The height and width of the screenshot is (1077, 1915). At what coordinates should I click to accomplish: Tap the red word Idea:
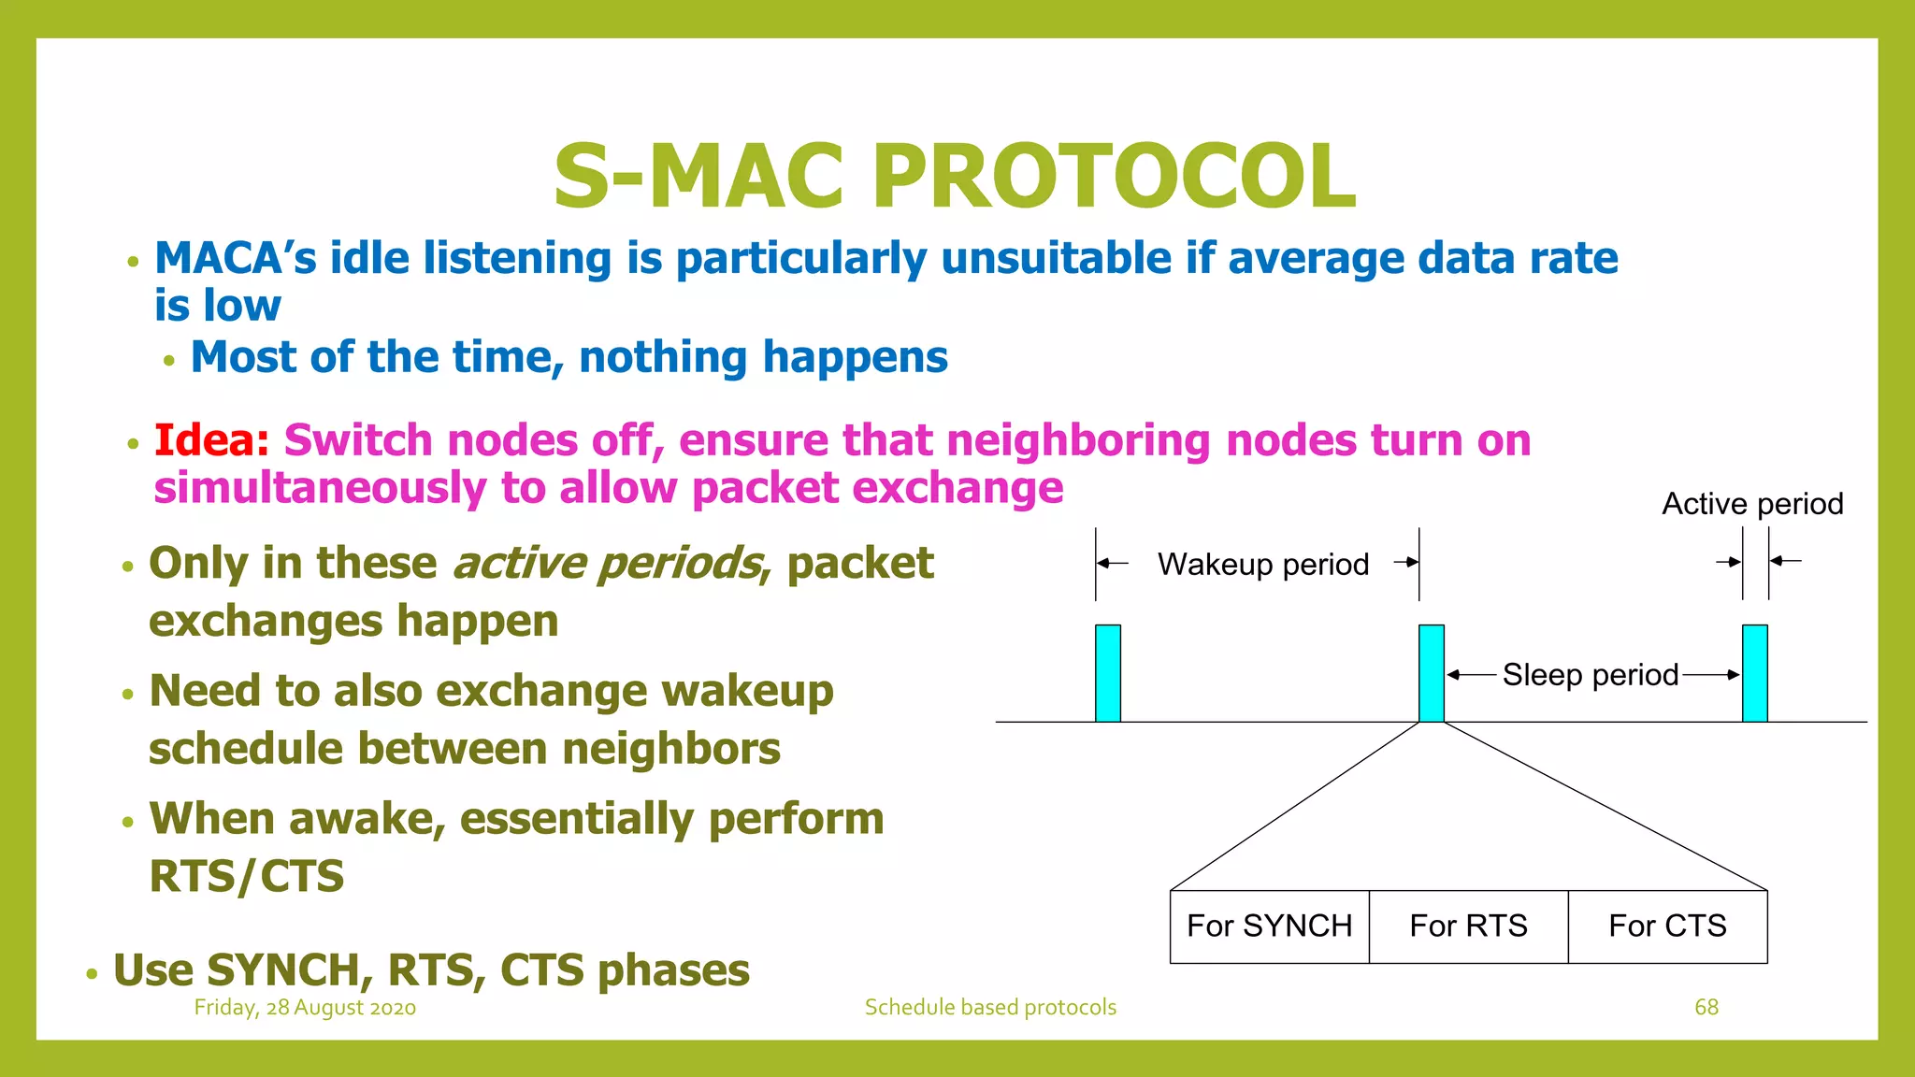211,440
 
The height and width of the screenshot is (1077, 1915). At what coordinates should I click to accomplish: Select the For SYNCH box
1269,926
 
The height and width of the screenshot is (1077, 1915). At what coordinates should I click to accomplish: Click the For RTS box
1468,926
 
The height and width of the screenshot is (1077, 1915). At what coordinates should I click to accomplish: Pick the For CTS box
1667,926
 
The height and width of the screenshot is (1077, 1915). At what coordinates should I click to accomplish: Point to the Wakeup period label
1262,565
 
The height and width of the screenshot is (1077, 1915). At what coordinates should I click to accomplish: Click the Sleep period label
1590,675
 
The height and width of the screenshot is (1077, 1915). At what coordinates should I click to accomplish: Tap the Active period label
1752,504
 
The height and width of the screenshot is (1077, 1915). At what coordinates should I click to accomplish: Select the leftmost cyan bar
1107,673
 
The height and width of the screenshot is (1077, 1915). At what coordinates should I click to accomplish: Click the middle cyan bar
1431,673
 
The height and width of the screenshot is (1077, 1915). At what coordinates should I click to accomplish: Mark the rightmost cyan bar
1754,673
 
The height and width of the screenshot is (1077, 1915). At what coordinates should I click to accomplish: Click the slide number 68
1706,1007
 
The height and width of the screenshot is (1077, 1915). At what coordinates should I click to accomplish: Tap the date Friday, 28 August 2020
305,1008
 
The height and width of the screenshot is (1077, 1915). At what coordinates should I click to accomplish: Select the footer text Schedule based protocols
990,1008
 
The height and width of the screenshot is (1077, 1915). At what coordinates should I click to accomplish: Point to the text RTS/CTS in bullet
247,877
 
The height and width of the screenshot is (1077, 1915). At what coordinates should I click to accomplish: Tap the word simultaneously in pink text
321,489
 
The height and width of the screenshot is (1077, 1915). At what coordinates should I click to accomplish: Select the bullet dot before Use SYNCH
92,974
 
